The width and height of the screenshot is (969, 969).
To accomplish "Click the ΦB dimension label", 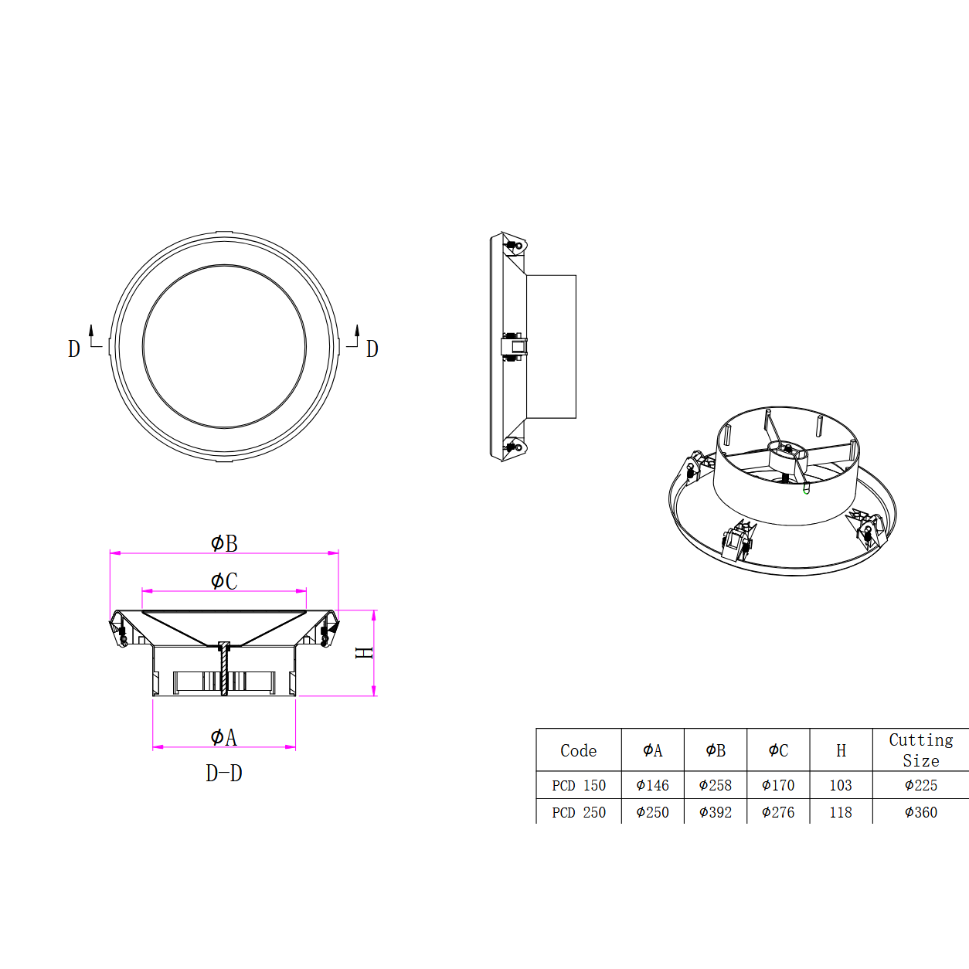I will pos(224,543).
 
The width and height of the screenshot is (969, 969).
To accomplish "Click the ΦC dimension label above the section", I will pos(224,581).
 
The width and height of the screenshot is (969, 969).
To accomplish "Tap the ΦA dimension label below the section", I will pos(223,737).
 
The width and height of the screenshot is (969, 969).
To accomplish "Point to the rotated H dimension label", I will pos(363,653).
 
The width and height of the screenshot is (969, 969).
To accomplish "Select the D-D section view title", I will pos(224,773).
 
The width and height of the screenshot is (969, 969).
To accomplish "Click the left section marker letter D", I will pos(74,349).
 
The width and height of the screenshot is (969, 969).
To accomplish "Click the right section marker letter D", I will pos(372,349).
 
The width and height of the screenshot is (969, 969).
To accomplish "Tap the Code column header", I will pos(578,750).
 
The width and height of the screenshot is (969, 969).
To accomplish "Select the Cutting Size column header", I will pos(920,750).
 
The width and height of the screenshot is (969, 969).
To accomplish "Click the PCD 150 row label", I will pos(578,785).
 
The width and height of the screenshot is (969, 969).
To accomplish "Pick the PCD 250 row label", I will pos(578,812).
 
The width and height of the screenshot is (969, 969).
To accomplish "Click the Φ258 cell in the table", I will pos(715,785).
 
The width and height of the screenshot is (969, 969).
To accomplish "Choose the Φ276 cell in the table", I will pos(777,812).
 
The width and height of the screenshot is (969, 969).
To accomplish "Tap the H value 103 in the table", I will pos(840,785).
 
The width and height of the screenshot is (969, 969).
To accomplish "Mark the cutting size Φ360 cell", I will pos(920,812).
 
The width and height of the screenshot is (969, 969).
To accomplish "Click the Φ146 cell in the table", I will pos(652,785).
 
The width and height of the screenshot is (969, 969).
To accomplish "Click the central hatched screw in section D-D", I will pos(224,669).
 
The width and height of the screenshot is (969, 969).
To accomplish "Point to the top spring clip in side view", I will pos(513,245).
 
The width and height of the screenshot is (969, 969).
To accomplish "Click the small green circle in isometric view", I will pos(806,491).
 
